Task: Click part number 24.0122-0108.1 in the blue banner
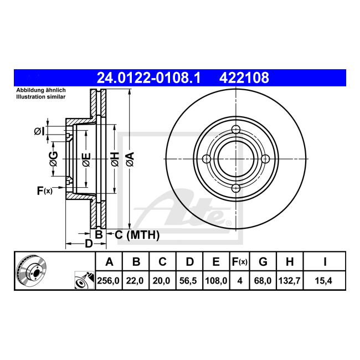point(148,78)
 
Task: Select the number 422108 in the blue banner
point(244,78)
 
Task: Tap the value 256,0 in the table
point(109,281)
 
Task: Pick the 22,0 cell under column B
point(135,281)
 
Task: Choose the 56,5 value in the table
point(188,281)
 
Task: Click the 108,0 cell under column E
point(216,281)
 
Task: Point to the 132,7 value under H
point(289,281)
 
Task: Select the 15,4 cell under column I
point(323,281)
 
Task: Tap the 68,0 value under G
point(263,281)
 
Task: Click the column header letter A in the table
point(109,261)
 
